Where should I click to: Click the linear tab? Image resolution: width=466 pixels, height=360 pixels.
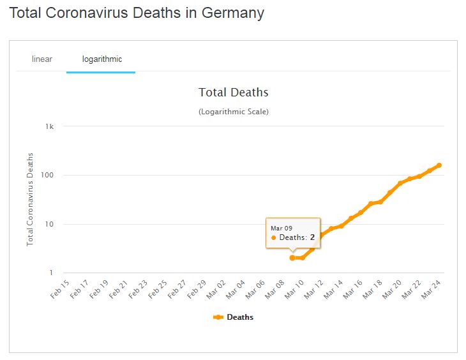tap(42, 59)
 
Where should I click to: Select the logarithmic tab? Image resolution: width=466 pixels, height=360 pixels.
tap(102, 59)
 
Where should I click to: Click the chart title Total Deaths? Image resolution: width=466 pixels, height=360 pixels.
tap(233, 93)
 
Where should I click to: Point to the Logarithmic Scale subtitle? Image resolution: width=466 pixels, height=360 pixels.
tap(233, 112)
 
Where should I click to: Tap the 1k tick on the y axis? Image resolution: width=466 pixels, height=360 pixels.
tap(50, 126)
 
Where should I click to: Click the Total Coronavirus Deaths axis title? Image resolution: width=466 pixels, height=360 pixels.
tap(30, 199)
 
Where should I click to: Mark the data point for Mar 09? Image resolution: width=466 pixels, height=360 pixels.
tap(292, 258)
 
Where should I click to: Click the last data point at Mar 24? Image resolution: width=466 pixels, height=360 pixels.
tap(439, 165)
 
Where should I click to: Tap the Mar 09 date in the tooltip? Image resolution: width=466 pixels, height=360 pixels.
tap(282, 228)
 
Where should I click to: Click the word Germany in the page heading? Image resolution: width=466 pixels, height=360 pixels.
tap(230, 13)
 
